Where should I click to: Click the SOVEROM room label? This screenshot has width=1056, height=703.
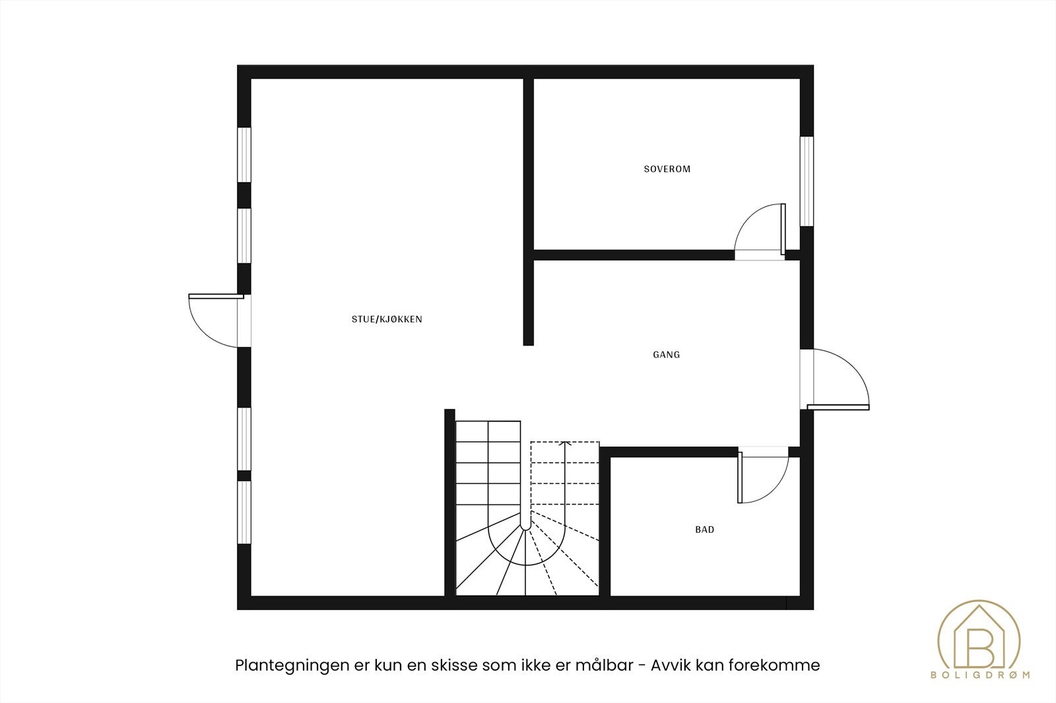click(667, 169)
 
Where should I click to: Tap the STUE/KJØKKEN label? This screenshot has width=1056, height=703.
click(387, 319)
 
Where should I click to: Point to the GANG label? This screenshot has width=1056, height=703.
click(667, 355)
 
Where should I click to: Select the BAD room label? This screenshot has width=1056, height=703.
click(704, 530)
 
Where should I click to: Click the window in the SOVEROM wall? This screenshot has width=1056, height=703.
click(807, 181)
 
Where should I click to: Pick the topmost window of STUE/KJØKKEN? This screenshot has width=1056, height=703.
click(244, 153)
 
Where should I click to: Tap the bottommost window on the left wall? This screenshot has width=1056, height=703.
click(244, 512)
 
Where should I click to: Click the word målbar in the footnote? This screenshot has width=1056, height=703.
click(609, 665)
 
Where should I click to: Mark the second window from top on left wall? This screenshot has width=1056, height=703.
click(244, 235)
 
